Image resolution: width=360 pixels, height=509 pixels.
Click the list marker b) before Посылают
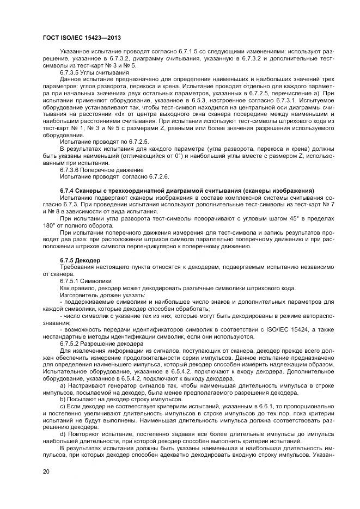point(63,398)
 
